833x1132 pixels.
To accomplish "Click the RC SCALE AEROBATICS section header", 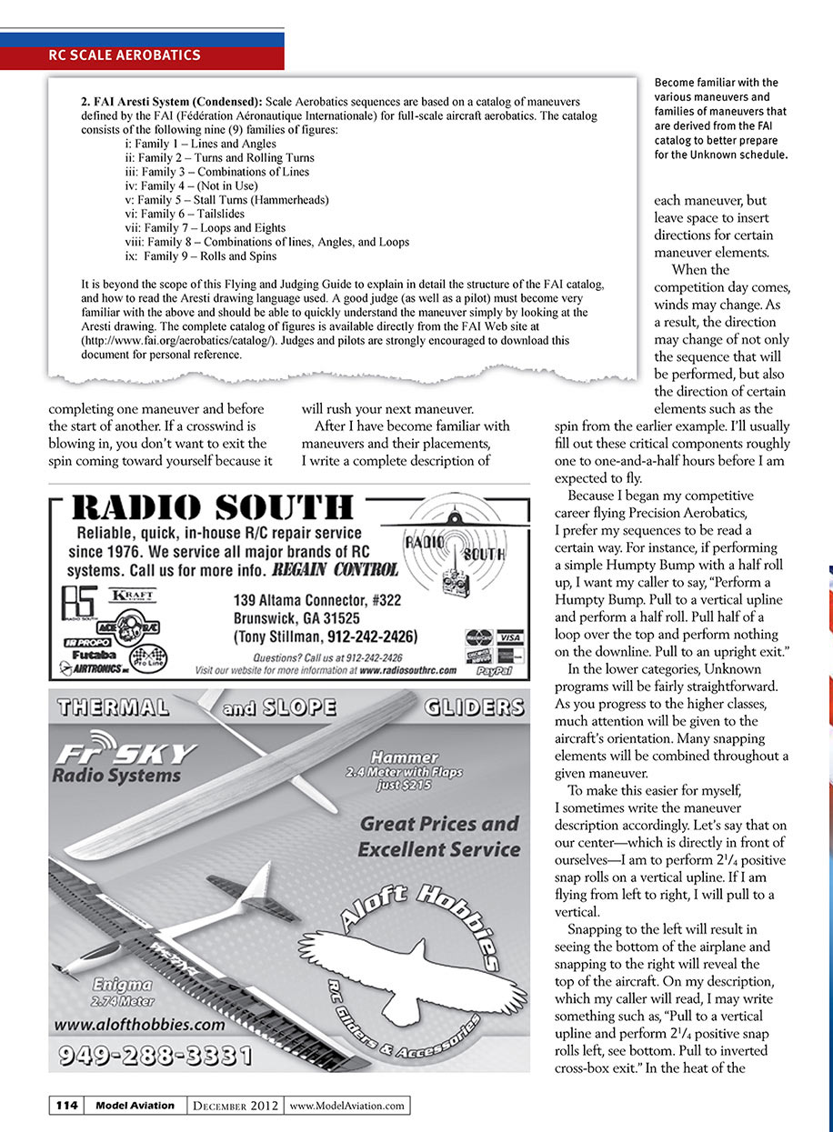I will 125,55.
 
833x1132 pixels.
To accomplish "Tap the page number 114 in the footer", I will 66,1106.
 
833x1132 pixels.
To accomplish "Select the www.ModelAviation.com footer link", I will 346,1106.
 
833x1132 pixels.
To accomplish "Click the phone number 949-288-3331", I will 155,1056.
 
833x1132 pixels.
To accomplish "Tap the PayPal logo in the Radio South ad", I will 497,671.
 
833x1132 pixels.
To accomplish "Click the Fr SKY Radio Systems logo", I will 124,763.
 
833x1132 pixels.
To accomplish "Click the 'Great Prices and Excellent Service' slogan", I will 438,836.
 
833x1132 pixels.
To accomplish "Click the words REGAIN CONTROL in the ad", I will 336,570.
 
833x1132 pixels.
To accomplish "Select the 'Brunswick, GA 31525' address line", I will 296,618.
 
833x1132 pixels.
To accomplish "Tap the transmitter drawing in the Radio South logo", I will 450,582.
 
